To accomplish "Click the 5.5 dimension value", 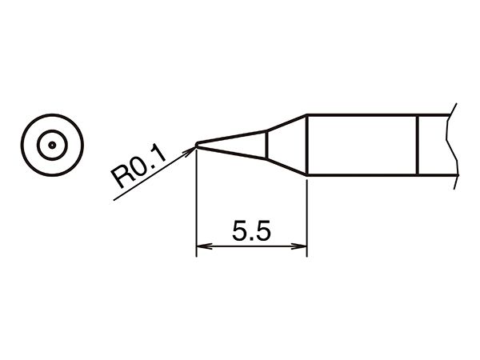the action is point(251,230).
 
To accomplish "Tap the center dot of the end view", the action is point(52,145).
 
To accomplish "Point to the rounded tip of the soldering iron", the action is point(196,145).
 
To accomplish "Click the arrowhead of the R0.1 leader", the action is point(189,151).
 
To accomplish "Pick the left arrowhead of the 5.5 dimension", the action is point(204,246).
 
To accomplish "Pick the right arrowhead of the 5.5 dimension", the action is point(298,246).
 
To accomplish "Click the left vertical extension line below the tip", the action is point(196,202).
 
